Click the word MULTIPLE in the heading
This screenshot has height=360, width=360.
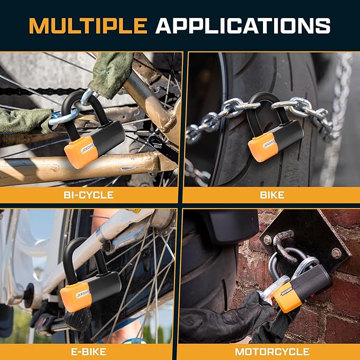pyautogui.click(x=87, y=25)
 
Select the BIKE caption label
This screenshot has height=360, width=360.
pyautogui.click(x=272, y=195)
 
